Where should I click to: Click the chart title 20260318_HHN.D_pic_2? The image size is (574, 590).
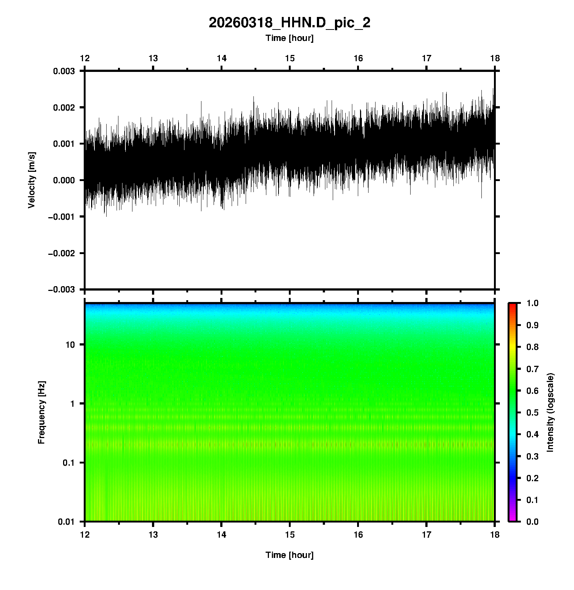(289, 23)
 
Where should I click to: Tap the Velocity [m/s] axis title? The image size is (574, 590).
(32, 180)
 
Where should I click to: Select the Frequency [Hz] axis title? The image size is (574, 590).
(41, 412)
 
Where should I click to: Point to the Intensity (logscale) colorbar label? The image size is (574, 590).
(550, 412)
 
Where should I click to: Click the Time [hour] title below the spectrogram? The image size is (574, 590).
(289, 555)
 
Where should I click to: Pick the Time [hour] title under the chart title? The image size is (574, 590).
(289, 38)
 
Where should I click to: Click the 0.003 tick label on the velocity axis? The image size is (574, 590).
(64, 71)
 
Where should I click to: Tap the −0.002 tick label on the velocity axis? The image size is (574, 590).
(61, 253)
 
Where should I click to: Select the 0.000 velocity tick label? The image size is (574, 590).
(64, 180)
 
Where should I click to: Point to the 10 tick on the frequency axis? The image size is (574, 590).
(70, 345)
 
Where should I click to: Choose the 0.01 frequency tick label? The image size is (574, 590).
(66, 522)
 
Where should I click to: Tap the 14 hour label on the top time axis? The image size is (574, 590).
(221, 58)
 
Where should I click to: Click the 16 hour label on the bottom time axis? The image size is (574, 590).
(358, 535)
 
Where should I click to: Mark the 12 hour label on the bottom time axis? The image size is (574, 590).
(85, 535)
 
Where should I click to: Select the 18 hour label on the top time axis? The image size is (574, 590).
(495, 58)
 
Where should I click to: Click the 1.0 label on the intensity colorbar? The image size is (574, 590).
(533, 303)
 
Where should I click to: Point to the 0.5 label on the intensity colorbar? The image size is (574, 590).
(533, 412)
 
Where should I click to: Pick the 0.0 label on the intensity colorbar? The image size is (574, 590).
(533, 521)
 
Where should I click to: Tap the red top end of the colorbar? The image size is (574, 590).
(512, 305)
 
